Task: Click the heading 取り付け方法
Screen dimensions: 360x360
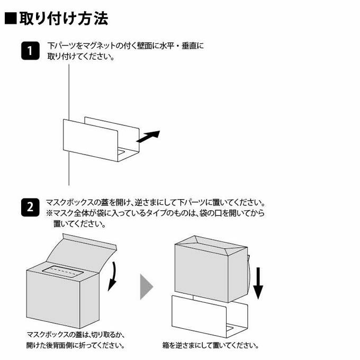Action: pyautogui.click(x=64, y=19)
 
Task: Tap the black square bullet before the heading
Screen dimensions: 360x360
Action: pyautogui.click(x=11, y=19)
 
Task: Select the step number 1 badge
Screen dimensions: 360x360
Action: pyautogui.click(x=30, y=51)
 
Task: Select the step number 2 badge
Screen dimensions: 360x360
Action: pyautogui.click(x=30, y=208)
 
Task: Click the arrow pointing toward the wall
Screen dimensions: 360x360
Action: pyautogui.click(x=148, y=137)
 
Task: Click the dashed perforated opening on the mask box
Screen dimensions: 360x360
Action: pyautogui.click(x=62, y=272)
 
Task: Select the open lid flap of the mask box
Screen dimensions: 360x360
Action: pyautogui.click(x=82, y=251)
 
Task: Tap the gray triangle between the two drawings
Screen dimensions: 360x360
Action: pyautogui.click(x=147, y=286)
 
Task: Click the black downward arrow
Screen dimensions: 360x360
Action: pyautogui.click(x=258, y=283)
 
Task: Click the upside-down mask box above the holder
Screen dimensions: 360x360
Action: pyautogui.click(x=211, y=269)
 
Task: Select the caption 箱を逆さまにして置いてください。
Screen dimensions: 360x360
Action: pyautogui.click(x=211, y=345)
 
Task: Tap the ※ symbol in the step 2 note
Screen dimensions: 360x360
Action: pyautogui.click(x=50, y=213)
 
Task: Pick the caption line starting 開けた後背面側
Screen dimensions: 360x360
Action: pyautogui.click(x=76, y=345)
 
